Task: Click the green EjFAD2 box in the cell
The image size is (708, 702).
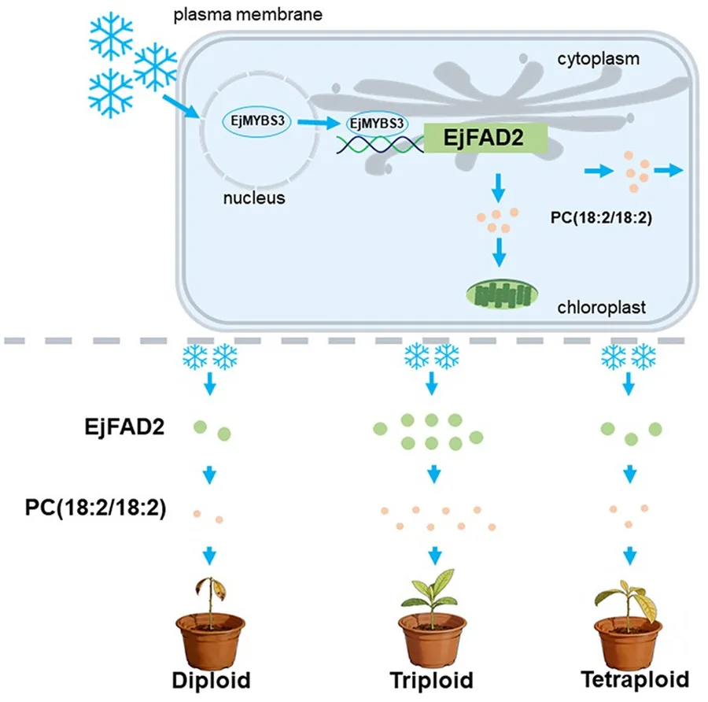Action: pyautogui.click(x=485, y=138)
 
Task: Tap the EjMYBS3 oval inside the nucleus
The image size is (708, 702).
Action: pyautogui.click(x=257, y=121)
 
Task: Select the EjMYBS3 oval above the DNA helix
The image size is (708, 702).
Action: pyautogui.click(x=377, y=124)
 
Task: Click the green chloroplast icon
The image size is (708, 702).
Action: pyautogui.click(x=502, y=294)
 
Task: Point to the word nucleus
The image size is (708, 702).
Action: pyautogui.click(x=254, y=198)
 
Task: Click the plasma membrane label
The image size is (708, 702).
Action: pyautogui.click(x=248, y=14)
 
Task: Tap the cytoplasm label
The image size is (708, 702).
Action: pyautogui.click(x=599, y=59)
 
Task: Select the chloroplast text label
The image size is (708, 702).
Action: pyautogui.click(x=602, y=307)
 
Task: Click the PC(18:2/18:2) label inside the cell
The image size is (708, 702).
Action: pyautogui.click(x=601, y=218)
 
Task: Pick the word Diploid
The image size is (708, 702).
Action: pyautogui.click(x=212, y=680)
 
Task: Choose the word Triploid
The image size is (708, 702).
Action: pyautogui.click(x=432, y=680)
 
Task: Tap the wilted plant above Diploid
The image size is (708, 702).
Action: pyautogui.click(x=210, y=599)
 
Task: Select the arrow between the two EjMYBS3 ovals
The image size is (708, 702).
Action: pyautogui.click(x=319, y=122)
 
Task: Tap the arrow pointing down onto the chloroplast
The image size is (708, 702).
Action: pyautogui.click(x=499, y=252)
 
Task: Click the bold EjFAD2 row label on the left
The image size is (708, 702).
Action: pyautogui.click(x=124, y=427)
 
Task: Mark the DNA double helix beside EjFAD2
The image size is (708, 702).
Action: pyautogui.click(x=380, y=145)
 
